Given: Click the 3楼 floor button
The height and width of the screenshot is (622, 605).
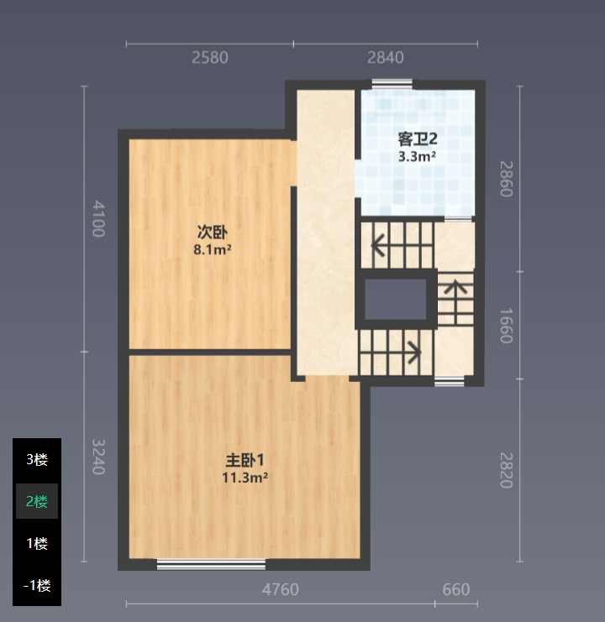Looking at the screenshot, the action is click(37, 459).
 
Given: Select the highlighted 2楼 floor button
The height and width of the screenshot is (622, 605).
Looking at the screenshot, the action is click(37, 501).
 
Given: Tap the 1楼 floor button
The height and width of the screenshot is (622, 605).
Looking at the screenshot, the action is click(37, 543).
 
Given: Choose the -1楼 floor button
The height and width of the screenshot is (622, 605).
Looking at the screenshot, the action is click(37, 586).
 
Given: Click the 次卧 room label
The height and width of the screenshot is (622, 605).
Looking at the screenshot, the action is click(213, 232).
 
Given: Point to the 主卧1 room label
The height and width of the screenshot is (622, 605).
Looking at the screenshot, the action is click(245, 460).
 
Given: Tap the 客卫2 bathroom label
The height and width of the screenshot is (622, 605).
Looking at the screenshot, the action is click(418, 139).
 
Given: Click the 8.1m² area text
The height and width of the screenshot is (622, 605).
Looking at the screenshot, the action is click(213, 249).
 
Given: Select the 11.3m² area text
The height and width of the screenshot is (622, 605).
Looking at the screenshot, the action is click(245, 478).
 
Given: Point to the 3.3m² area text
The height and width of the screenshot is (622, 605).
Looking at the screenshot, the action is click(418, 156).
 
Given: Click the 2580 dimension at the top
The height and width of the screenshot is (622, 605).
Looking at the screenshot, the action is click(210, 58).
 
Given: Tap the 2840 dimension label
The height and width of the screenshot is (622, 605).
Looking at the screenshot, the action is click(386, 58).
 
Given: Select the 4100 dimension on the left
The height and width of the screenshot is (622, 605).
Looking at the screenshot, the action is click(98, 219).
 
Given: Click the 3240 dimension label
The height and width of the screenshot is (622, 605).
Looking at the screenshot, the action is click(98, 457).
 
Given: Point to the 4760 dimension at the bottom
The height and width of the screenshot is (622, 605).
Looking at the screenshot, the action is click(281, 589).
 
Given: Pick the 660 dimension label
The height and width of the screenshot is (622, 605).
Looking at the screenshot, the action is click(456, 589).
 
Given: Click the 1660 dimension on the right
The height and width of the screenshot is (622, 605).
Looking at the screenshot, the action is click(506, 326).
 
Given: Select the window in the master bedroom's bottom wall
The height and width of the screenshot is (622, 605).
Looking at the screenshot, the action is click(211, 564).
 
